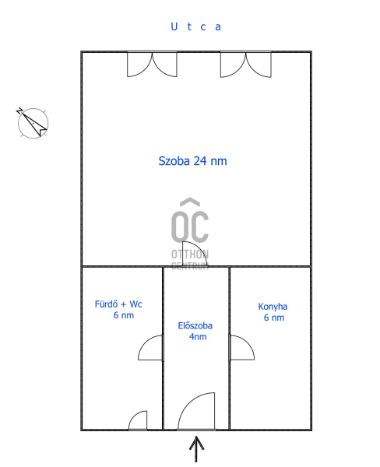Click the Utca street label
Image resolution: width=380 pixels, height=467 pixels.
(195, 26)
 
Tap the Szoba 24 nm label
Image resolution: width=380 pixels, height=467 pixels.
(192, 161)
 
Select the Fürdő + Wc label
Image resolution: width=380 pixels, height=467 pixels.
(118, 304)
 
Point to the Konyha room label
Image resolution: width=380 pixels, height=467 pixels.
(273, 307)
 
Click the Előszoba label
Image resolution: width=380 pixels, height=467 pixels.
(195, 325)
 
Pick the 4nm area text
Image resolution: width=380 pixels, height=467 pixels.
(198, 337)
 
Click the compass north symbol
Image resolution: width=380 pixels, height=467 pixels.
(33, 123)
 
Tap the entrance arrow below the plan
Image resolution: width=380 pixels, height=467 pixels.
(196, 449)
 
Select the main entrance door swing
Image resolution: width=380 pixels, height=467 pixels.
(196, 411)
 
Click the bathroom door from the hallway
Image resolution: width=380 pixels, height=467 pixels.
(150, 348)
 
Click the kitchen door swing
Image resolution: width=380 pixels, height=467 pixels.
(241, 348)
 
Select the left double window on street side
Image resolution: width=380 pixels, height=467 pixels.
(152, 65)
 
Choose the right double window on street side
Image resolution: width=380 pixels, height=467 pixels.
(246, 65)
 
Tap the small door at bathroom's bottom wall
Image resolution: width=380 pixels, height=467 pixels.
(138, 420)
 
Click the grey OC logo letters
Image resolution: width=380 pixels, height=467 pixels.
(190, 219)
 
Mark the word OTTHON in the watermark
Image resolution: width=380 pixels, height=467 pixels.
(190, 254)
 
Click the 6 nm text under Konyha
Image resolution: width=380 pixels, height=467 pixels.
(274, 318)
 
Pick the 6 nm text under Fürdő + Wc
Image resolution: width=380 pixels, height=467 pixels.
(124, 315)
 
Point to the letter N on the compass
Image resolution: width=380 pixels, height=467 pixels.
(19, 111)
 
